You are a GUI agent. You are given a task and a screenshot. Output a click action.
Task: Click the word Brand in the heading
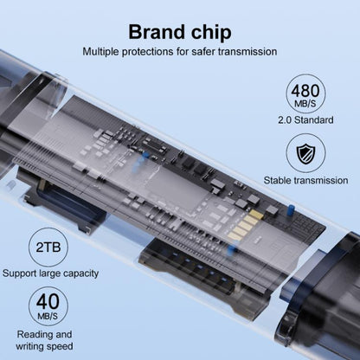click(x=157, y=32)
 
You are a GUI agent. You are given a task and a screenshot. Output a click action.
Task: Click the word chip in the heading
click(x=211, y=33)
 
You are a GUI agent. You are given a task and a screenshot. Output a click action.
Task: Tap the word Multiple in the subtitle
click(x=100, y=52)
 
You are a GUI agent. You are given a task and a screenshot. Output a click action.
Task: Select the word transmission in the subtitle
click(x=247, y=52)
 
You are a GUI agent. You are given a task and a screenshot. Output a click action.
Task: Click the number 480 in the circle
click(x=305, y=90)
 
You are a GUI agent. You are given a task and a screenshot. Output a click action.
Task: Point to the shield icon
click(x=305, y=154)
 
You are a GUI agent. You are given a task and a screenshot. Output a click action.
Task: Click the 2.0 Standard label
click(x=305, y=119)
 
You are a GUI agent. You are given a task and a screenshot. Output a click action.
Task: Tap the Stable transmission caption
click(x=305, y=181)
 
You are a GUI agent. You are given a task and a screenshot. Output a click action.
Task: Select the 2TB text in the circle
click(x=48, y=247)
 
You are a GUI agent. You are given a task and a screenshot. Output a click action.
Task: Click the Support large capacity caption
click(x=50, y=273)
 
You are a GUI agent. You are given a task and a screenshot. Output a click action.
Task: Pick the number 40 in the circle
click(x=48, y=301)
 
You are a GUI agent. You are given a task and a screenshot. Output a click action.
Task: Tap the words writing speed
click(x=44, y=346)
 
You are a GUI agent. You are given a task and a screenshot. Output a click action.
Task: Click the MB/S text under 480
click(x=305, y=103)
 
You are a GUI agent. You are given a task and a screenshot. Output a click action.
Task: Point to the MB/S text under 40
click(x=48, y=316)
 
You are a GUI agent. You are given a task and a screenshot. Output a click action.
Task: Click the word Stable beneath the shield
click(x=277, y=181)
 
